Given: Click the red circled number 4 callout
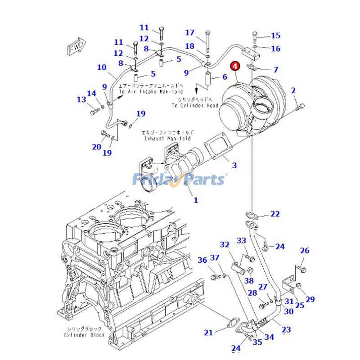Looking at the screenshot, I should coord(235,67).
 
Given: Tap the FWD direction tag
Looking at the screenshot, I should coord(75,48).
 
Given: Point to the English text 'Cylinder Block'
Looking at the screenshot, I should coord(84,335).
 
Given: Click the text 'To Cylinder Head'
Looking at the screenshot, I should coord(194,105).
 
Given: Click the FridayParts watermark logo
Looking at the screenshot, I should coord(178,180).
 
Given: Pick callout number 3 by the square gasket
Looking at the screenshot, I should coord(234,166).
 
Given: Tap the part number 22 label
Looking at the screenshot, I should coord(275,214).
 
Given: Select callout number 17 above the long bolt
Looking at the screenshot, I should coord(190,32).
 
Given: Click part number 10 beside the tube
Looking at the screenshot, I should coord(102,67).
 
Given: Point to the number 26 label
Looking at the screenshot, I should coord(305,251).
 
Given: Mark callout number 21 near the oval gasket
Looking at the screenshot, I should coord(208,333).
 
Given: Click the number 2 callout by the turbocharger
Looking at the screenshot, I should coord(293,90).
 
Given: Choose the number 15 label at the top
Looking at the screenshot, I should coord(275,36).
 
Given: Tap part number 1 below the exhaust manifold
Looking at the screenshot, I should coord(195,200).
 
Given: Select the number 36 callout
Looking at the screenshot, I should coord(202,260).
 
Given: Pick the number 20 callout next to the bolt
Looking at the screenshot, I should coord(97,147).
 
